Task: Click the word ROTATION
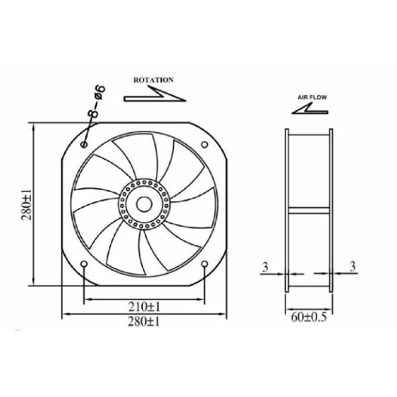pos(154,79)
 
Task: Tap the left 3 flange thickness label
pos(264,267)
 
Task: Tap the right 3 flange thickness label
pos(352,267)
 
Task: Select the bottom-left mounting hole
pos(83,265)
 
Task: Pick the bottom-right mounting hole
pos(204,265)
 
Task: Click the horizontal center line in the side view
pos(309,211)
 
